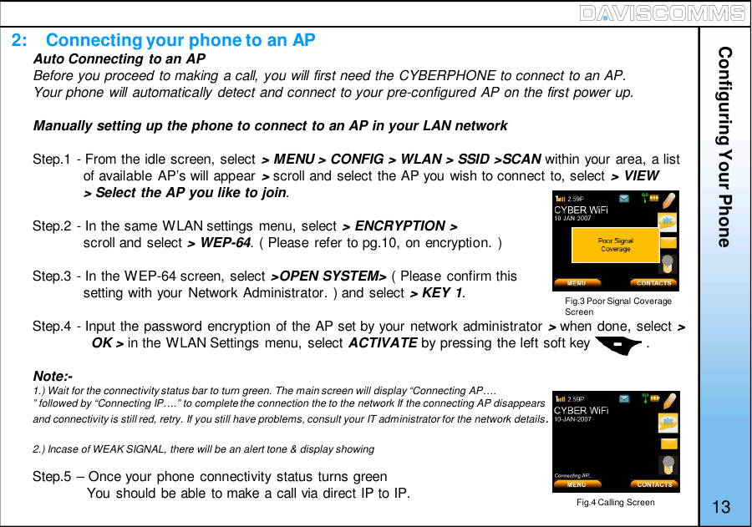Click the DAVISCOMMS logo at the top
click(673, 13)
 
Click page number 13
click(722, 507)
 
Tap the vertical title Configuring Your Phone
click(724, 146)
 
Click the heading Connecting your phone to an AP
click(180, 40)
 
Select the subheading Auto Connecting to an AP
click(119, 58)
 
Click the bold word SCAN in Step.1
click(522, 160)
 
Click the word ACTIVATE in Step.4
click(382, 343)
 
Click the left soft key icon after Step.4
click(617, 343)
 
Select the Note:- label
click(52, 376)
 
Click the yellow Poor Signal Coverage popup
click(615, 245)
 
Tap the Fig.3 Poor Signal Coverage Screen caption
click(617, 306)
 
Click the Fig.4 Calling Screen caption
click(615, 502)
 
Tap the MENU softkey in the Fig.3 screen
click(577, 283)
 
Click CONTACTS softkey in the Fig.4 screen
click(654, 484)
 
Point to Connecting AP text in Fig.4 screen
click(573, 475)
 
